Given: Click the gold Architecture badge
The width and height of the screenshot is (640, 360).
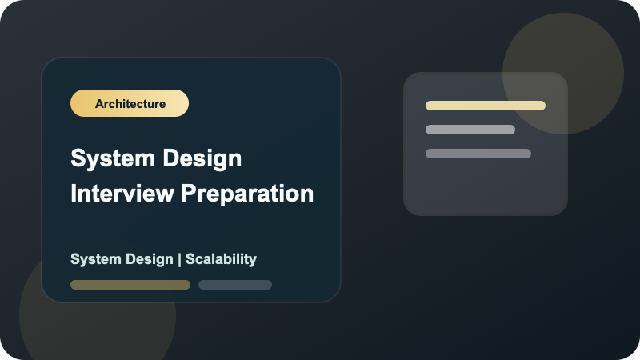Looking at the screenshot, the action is [x=130, y=103].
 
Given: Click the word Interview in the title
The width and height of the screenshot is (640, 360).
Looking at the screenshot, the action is [x=122, y=193].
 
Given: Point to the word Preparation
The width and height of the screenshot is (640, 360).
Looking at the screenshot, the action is [x=247, y=194].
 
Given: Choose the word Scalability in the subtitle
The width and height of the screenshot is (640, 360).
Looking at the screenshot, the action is [x=222, y=259].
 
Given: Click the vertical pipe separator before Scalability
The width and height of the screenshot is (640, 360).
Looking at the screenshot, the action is [x=179, y=259].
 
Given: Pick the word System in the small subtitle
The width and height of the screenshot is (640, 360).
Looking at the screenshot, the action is [x=95, y=259].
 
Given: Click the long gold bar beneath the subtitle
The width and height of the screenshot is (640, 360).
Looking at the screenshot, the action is [x=130, y=285].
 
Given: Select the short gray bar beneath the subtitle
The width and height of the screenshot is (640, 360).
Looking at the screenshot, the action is [x=235, y=285].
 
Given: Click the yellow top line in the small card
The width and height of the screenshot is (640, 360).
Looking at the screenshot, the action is [x=486, y=106].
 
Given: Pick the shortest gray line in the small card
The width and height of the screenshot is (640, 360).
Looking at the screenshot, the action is [x=470, y=130].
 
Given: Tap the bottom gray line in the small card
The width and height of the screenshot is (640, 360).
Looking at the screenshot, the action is [x=478, y=154].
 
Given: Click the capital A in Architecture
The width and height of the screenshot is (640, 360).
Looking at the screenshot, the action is [x=98, y=104].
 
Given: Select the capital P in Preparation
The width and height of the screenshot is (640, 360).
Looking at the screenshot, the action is [x=188, y=194].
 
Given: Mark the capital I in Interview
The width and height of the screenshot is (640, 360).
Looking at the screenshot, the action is [x=74, y=194].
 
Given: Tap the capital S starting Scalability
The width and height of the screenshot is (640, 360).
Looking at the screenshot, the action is [x=190, y=259].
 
